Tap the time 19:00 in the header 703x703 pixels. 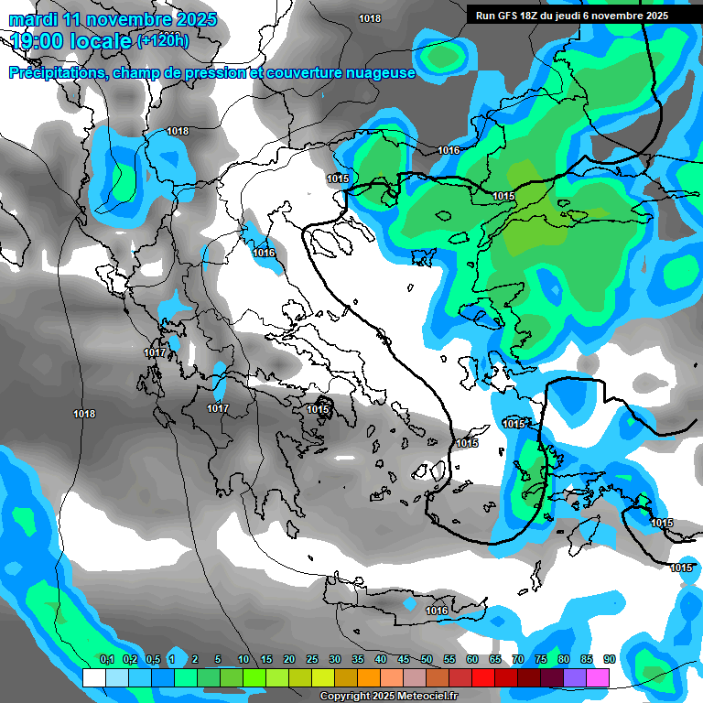coord(41,41)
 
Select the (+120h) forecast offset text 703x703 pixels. coord(163,40)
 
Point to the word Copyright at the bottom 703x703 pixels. coord(345,697)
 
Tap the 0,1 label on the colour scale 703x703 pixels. coord(106,660)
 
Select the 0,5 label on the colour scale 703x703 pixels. coord(152,660)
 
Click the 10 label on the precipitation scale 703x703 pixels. coord(243,660)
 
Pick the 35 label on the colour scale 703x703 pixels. coord(358,660)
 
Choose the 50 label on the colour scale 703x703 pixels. coord(427,660)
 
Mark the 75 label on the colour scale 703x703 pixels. coord(541,660)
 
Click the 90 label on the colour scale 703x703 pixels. coord(609,660)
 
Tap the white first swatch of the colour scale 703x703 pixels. coord(93,677)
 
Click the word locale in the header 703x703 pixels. coord(100,41)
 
